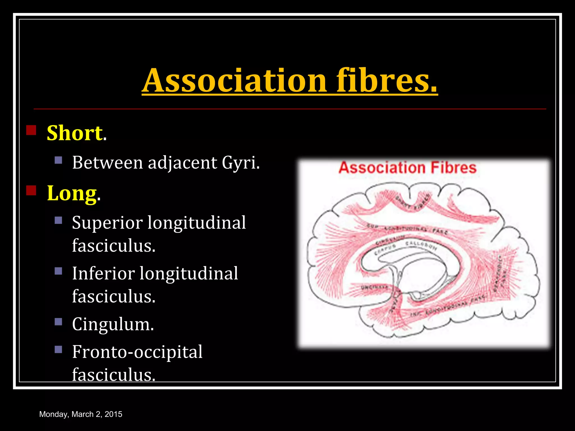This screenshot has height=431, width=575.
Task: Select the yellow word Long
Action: [x=72, y=193]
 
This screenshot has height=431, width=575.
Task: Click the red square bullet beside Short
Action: [x=31, y=130]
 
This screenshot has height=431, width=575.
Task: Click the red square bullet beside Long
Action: [x=31, y=191]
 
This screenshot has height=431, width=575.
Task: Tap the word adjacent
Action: [x=182, y=162]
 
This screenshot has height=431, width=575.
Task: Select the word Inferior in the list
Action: [x=103, y=273]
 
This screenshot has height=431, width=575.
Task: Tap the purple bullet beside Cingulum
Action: [x=58, y=322]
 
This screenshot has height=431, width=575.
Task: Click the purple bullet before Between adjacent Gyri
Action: [x=58, y=160]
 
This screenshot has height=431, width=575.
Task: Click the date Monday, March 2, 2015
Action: [x=81, y=414]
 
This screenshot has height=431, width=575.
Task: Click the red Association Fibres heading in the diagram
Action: [x=408, y=168]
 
